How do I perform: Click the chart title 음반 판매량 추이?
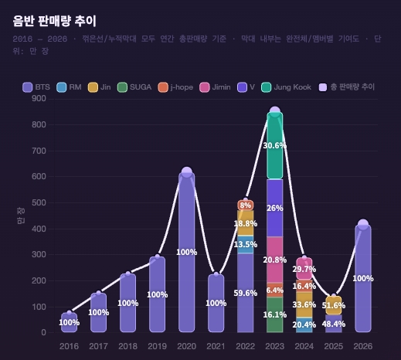[55, 21]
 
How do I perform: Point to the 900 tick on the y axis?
[38, 98]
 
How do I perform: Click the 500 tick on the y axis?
[38, 202]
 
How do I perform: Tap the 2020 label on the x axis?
[186, 347]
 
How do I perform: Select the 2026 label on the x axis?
[362, 347]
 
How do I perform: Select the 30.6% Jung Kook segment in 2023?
[274, 145]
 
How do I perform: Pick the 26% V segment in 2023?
[274, 208]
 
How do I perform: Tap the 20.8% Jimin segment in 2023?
[274, 260]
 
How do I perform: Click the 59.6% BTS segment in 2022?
[245, 293]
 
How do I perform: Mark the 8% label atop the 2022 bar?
[245, 205]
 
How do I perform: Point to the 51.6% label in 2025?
[333, 306]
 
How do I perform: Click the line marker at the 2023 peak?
[274, 112]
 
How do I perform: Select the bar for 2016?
[69, 323]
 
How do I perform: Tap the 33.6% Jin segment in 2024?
[304, 304]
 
